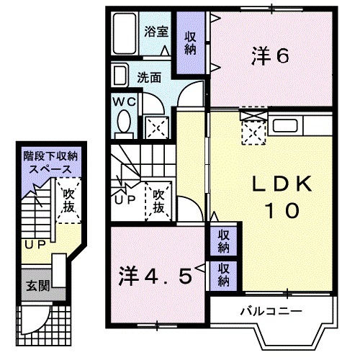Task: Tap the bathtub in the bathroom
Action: click(x=126, y=32)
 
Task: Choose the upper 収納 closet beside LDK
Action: click(x=225, y=240)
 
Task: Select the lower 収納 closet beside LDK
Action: click(x=225, y=273)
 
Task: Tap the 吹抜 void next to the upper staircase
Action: click(x=161, y=199)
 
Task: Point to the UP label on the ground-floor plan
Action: click(x=32, y=246)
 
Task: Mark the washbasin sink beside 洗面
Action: click(x=120, y=76)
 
